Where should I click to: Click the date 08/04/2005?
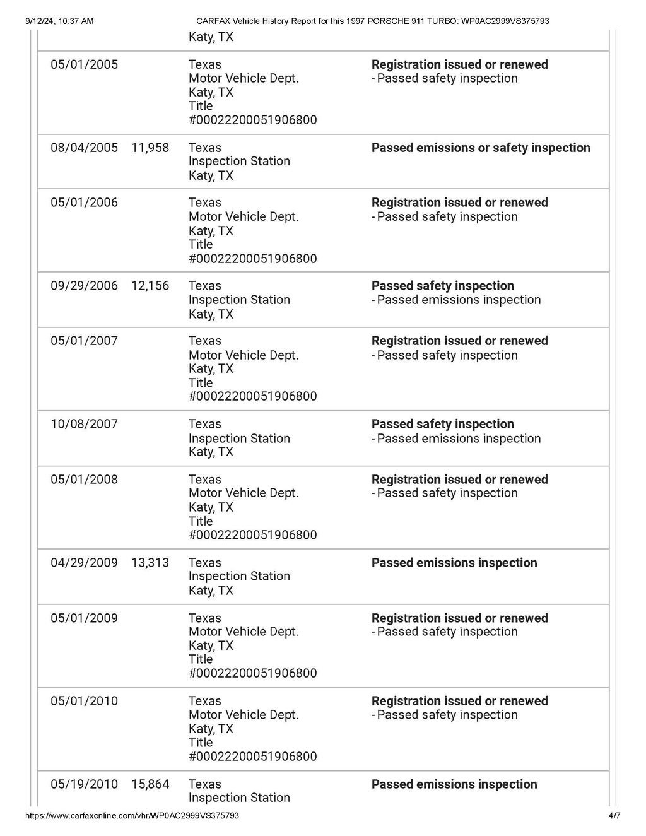84,148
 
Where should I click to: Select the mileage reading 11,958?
150,148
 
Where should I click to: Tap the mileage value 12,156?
150,286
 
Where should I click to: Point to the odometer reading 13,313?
150,563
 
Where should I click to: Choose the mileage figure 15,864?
150,784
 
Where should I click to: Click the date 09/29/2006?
84,286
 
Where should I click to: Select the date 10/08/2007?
84,424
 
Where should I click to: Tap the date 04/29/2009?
84,563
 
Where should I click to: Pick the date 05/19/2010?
84,784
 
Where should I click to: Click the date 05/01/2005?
84,64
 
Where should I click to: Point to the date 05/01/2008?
84,480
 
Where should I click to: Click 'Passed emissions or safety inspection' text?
481,148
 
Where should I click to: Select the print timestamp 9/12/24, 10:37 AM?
59,21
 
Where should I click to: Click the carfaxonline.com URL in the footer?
132,816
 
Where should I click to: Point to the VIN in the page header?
505,21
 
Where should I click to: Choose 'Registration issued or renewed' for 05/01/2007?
459,341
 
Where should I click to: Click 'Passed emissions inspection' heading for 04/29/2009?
454,563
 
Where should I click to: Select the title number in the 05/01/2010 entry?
252,757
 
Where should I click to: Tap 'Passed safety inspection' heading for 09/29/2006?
442,286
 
